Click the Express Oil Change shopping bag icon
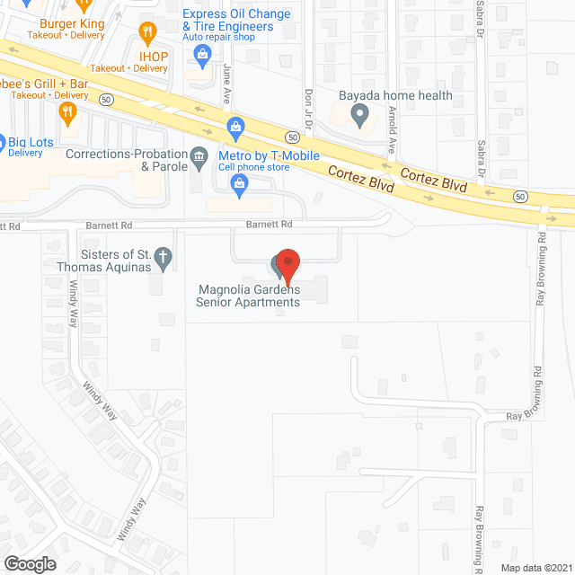click(203, 57)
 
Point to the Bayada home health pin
click(359, 114)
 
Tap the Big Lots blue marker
click(4, 142)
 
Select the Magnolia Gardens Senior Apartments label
click(248, 296)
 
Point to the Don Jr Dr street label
click(308, 106)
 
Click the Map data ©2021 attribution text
click(536, 568)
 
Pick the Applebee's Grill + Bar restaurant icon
click(65, 111)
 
